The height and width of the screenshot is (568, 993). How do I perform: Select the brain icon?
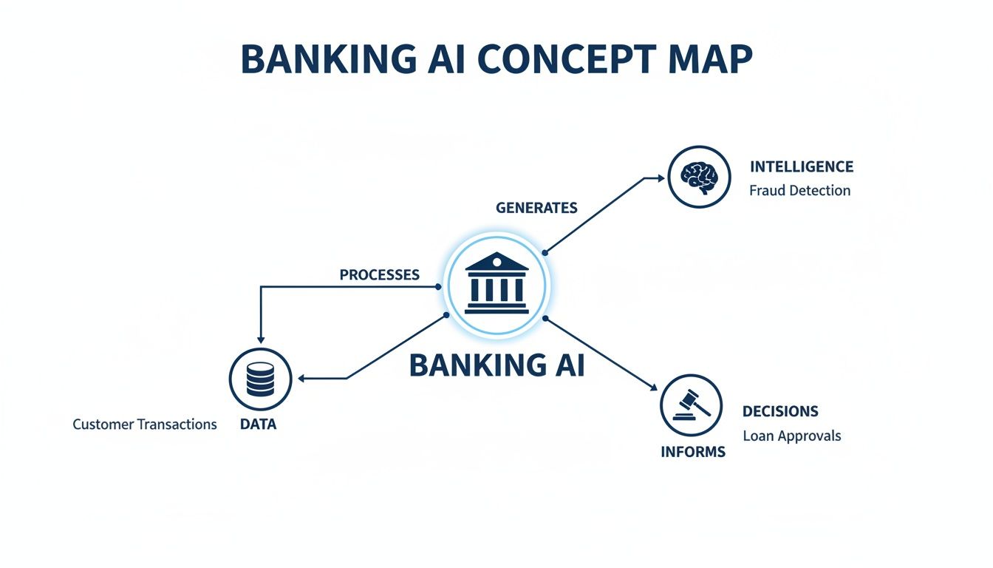699,177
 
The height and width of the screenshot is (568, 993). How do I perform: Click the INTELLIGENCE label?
801,166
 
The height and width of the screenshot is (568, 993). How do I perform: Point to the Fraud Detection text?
799,190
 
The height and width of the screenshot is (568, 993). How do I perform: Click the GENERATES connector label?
536,208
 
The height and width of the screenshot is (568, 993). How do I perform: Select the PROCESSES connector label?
379,274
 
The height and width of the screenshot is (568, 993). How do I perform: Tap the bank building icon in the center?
496,284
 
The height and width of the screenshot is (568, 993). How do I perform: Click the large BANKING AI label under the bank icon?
496,365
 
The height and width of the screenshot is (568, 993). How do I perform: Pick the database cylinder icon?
260,379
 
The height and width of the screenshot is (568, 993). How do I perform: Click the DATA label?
259,425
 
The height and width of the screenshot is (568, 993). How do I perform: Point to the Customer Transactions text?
145,425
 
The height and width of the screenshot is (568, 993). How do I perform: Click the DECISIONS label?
780,411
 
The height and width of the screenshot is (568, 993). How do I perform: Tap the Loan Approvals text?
791,436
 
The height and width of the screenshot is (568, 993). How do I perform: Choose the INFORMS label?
692,452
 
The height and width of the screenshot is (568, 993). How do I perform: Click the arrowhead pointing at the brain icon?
661,177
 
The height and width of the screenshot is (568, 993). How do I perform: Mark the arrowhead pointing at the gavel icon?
653,387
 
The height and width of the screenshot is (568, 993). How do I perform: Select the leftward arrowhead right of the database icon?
301,379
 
